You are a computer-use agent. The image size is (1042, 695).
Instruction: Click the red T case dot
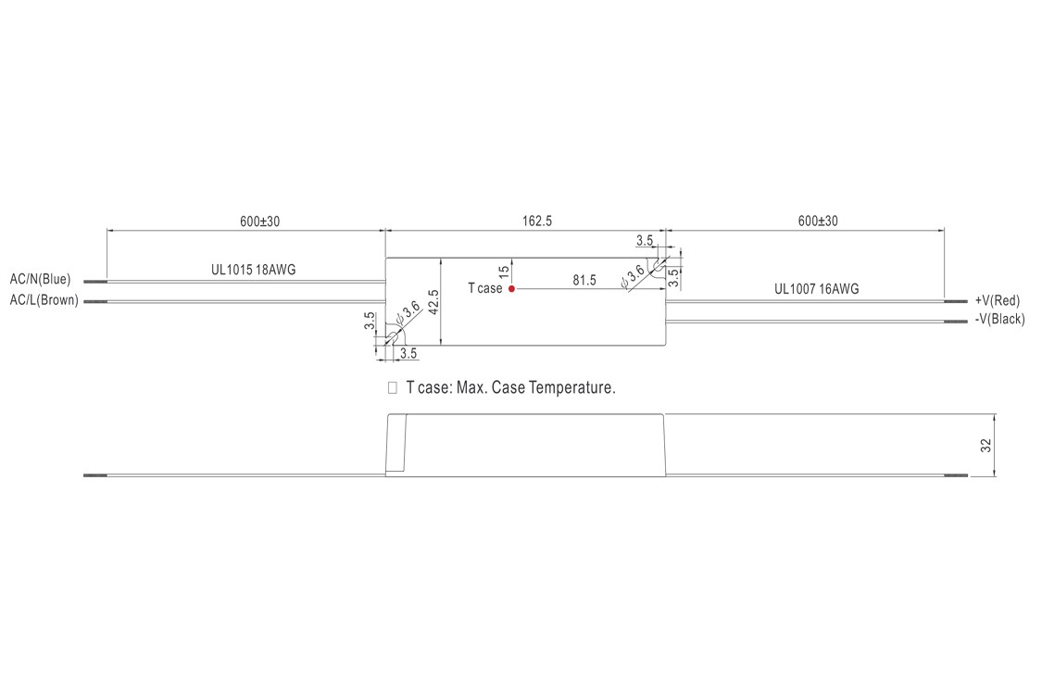point(511,288)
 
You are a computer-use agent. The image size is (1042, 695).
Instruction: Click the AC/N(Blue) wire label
point(41,279)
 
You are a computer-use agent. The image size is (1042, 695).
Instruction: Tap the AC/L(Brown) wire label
point(44,300)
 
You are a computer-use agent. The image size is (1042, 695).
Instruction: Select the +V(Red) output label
point(998,300)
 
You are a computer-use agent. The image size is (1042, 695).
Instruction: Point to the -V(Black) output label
point(999,320)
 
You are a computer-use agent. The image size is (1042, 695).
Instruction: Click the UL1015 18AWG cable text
point(254,270)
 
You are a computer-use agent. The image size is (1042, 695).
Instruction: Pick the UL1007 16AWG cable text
point(817,289)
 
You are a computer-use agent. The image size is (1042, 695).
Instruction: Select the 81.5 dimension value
point(584,280)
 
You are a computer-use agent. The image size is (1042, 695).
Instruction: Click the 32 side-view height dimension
point(986,446)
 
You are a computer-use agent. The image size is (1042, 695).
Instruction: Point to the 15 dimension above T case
point(504,272)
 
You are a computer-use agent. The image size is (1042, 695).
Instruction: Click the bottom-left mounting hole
point(392,338)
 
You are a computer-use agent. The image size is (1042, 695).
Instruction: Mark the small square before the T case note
point(393,387)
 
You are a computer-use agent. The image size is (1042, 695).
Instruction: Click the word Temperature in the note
point(571,387)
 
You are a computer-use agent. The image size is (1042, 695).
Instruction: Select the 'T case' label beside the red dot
point(484,288)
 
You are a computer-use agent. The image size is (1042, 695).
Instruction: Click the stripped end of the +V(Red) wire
point(955,301)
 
